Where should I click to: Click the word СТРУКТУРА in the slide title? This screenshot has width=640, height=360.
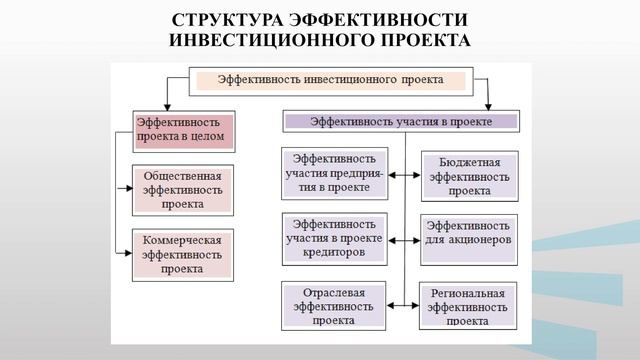(x=226, y=22)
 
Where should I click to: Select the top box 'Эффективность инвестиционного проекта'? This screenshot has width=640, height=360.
(x=329, y=78)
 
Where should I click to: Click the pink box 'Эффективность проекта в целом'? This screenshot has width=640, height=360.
(x=184, y=130)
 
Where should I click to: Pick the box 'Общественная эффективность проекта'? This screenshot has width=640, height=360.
(x=183, y=190)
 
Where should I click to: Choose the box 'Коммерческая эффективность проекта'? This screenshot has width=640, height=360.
(x=183, y=254)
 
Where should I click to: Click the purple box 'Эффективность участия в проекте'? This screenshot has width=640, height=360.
(x=401, y=121)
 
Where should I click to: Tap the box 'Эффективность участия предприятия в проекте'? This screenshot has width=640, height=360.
(x=335, y=173)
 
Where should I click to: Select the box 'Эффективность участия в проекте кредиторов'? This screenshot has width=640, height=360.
(x=335, y=239)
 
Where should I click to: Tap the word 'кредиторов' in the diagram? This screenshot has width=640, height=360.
(x=335, y=253)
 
